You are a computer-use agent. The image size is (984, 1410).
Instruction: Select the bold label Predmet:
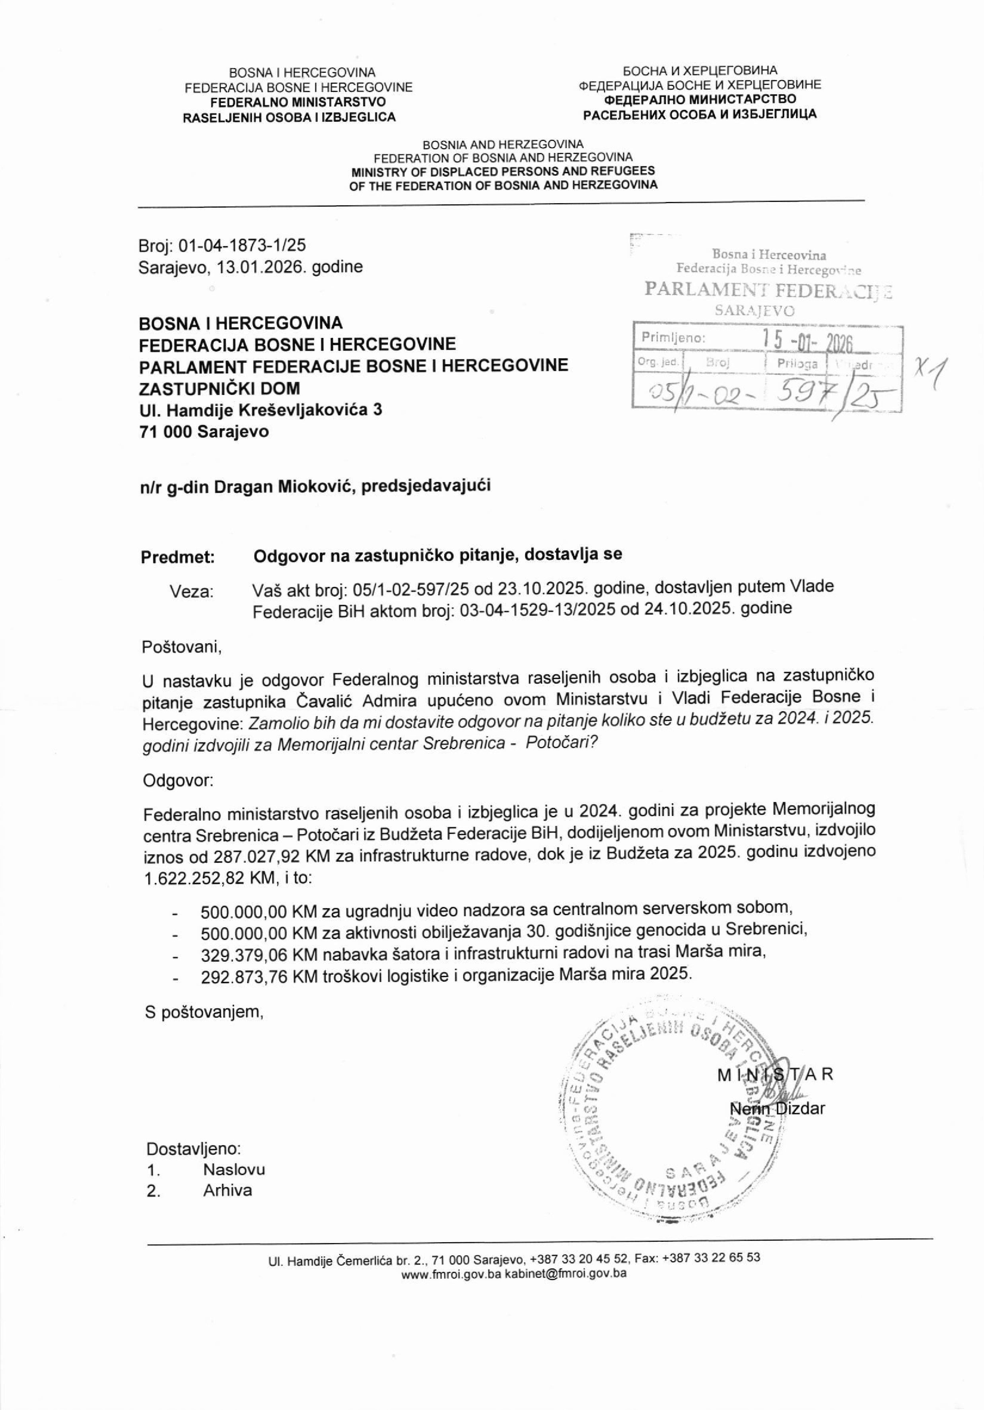click(x=178, y=557)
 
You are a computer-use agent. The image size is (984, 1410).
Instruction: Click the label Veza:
click(x=192, y=591)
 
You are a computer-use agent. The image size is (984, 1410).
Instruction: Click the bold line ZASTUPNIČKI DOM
click(x=219, y=388)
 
